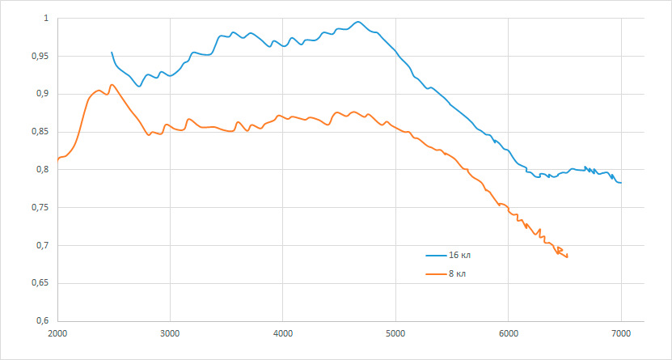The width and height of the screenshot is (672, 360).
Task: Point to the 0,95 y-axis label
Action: (43, 56)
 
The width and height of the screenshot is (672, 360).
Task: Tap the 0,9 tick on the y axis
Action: (45, 95)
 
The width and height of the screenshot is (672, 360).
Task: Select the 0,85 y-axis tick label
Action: (43, 132)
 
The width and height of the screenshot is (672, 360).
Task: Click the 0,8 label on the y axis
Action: (45, 170)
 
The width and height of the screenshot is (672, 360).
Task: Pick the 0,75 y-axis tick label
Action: (43, 208)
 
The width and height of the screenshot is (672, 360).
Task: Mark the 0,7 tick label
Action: (45, 246)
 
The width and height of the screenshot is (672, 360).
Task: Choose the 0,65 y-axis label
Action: (43, 283)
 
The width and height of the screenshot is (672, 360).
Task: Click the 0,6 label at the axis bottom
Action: (45, 321)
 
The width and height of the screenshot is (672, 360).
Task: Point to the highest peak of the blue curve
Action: (358, 21)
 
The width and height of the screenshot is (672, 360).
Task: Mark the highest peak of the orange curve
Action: (112, 84)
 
